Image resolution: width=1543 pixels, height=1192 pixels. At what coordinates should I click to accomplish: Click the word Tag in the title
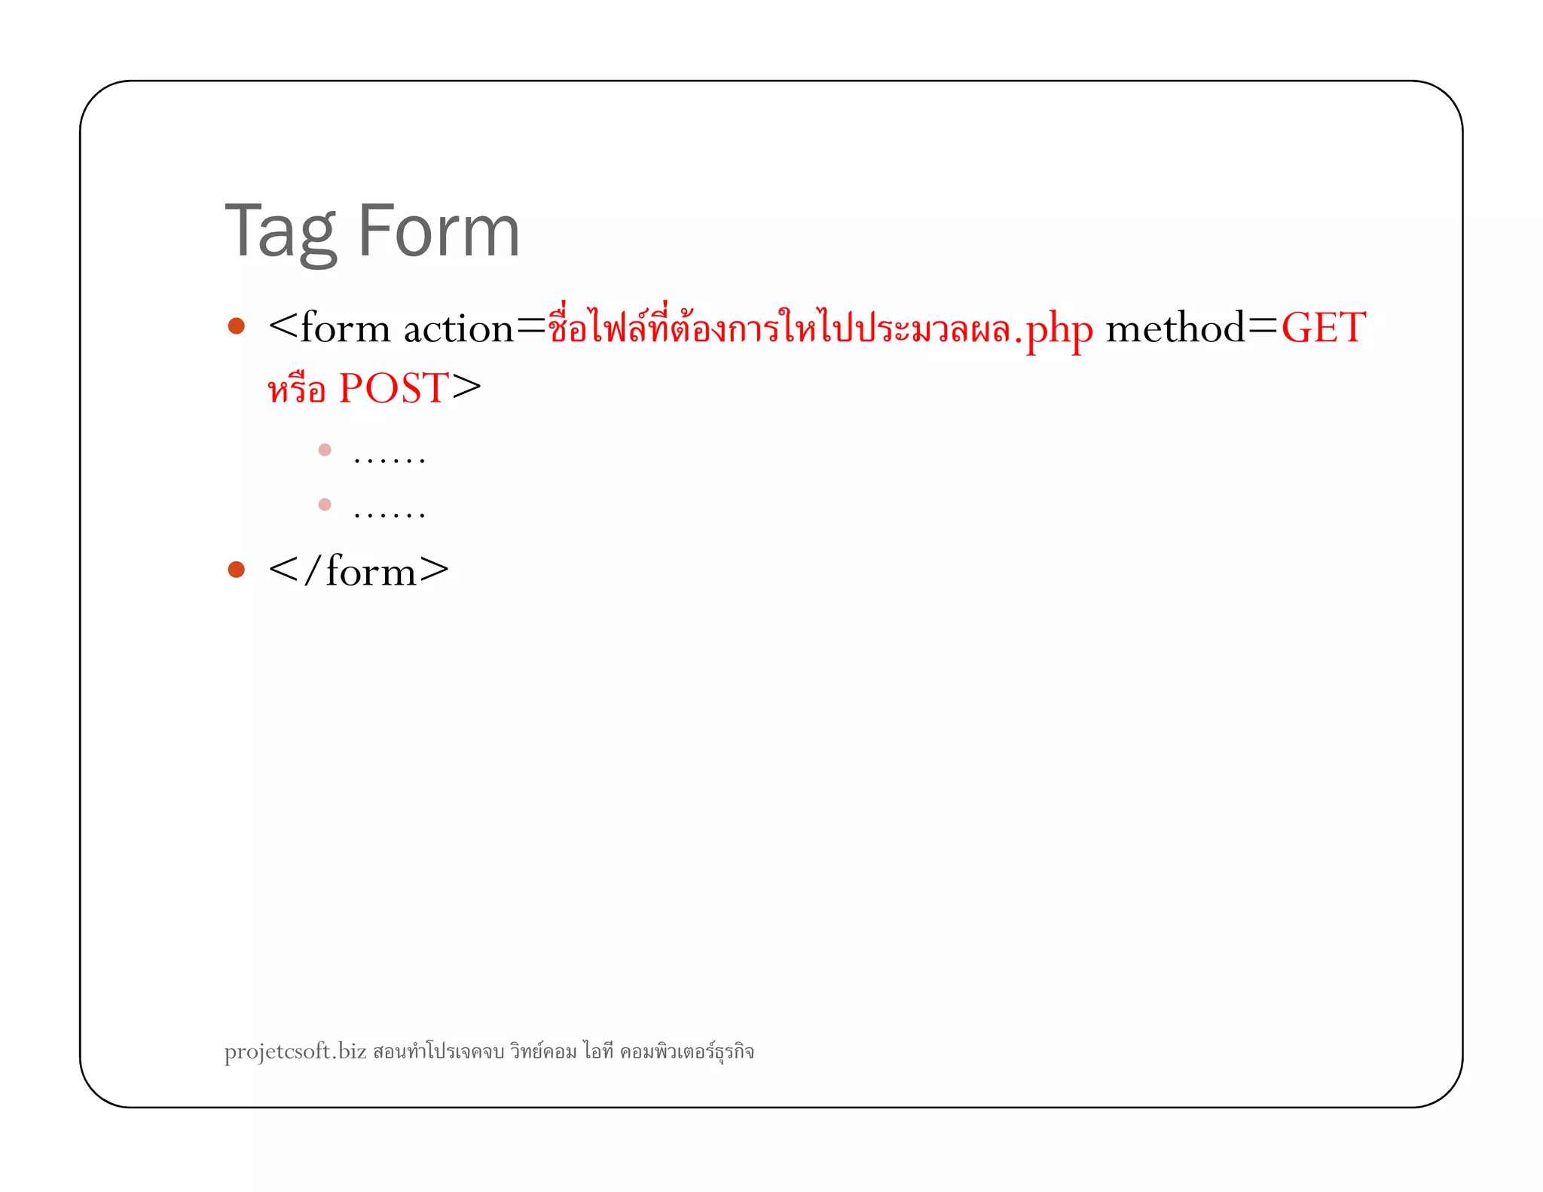pos(280,232)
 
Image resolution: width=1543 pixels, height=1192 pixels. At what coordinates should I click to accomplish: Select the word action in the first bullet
pos(458,329)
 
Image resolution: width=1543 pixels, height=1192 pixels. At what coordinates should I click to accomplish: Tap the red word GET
pos(1323,329)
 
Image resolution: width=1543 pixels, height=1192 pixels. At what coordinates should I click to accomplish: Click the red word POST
pos(393,389)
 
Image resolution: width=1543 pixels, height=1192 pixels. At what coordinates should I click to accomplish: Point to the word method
pos(1175,329)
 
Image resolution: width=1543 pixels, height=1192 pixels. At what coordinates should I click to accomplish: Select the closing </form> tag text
pos(359,571)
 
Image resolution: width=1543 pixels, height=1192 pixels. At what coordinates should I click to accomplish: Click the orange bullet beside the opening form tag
pos(237,326)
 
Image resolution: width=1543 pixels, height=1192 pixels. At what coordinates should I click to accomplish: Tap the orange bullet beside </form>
pos(237,569)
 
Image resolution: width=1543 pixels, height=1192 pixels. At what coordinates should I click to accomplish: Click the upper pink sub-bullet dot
pos(325,450)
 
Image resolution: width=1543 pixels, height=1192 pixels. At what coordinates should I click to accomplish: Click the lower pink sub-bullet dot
pos(325,504)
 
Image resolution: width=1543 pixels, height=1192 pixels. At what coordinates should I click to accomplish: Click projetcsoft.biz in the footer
pos(295,1051)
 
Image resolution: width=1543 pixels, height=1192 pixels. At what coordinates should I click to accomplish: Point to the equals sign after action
pos(530,326)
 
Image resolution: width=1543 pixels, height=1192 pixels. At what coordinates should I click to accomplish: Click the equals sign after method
pos(1263,326)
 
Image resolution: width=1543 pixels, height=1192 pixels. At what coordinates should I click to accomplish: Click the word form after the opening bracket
pos(345,329)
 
